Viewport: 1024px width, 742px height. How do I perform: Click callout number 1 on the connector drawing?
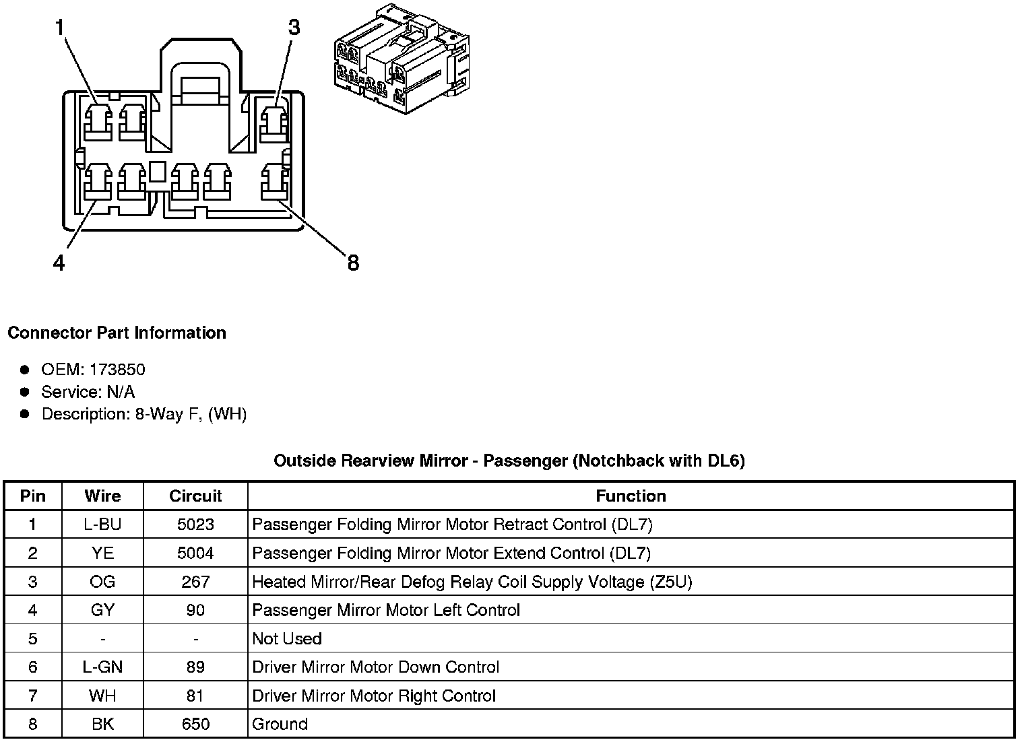(x=60, y=28)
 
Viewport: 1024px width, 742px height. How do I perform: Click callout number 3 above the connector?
(x=294, y=28)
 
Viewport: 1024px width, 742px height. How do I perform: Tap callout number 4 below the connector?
(x=59, y=263)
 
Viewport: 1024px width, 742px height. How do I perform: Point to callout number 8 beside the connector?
(x=353, y=262)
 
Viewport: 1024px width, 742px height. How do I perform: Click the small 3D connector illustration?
(x=402, y=61)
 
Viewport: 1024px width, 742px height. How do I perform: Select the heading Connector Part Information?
(x=117, y=333)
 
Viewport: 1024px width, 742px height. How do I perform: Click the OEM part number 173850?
(x=117, y=369)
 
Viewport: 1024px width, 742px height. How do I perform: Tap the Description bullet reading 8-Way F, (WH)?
(x=143, y=413)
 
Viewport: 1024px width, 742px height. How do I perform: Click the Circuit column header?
(x=195, y=496)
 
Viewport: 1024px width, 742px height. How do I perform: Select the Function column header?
(x=631, y=496)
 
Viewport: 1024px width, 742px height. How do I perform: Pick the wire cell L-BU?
(x=102, y=525)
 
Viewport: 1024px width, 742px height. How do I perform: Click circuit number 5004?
(x=195, y=553)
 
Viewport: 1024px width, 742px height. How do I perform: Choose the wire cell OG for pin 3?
(x=102, y=582)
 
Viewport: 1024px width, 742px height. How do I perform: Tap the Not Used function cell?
(x=287, y=638)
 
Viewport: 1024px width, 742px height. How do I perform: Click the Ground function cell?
(x=280, y=724)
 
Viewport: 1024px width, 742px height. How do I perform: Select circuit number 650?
(x=195, y=724)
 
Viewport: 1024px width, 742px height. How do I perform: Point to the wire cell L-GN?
(x=102, y=667)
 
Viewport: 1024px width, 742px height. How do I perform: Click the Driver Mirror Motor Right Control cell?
(x=374, y=696)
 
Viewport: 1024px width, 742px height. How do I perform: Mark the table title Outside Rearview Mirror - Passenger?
(x=509, y=461)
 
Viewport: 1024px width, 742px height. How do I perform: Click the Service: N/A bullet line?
(x=88, y=391)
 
